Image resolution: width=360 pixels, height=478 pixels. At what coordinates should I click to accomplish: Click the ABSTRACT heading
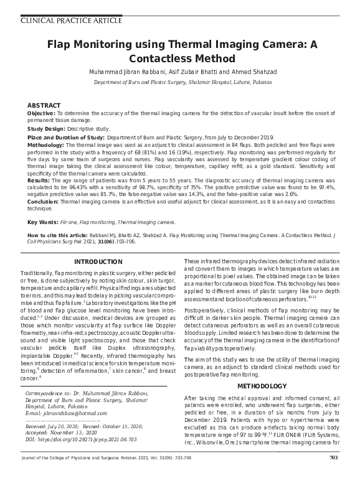tap(44, 106)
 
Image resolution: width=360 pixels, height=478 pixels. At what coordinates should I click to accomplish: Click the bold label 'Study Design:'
tap(47, 129)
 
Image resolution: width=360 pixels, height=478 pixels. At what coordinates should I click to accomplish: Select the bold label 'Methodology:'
tap(46, 144)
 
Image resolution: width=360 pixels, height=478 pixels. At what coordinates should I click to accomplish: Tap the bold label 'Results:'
tap(38, 179)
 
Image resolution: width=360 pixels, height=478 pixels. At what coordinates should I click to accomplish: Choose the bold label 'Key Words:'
tap(43, 222)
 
